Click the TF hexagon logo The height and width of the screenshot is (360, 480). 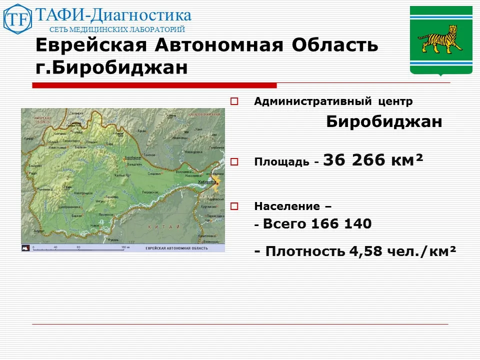click(17, 19)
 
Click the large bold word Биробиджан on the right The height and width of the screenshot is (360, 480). click(384, 122)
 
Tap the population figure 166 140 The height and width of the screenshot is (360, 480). click(341, 224)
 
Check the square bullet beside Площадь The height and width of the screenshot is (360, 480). click(234, 161)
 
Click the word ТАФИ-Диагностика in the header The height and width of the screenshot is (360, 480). click(112, 15)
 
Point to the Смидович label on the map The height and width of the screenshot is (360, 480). click(154, 174)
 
